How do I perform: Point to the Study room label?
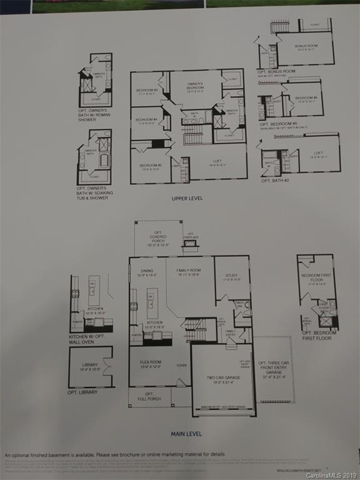(232, 278)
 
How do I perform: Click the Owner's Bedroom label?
(195, 87)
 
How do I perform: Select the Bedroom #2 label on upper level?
(151, 166)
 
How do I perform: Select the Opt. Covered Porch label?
(158, 239)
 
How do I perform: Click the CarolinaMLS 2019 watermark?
(331, 475)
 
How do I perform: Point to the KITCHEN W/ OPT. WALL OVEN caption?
(91, 339)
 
